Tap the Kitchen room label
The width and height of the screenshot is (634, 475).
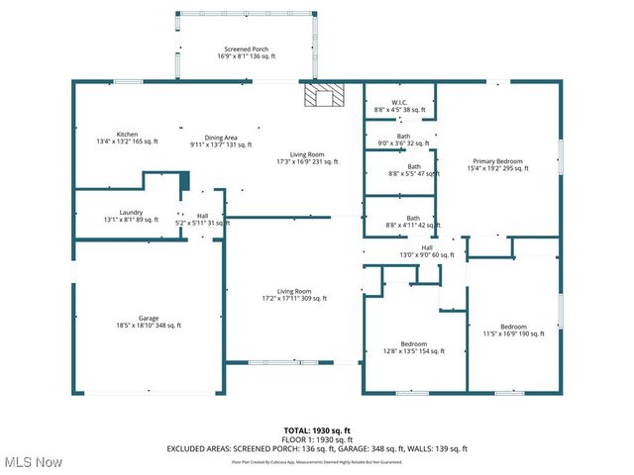point(127,138)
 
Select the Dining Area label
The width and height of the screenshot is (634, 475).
point(221,141)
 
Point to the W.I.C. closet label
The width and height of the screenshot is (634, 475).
point(400,106)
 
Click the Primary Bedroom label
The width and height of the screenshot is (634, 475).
point(497,164)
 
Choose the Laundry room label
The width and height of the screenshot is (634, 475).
point(131,215)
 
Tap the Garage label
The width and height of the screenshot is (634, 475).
point(149,322)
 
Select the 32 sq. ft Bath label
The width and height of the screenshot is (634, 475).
point(403,140)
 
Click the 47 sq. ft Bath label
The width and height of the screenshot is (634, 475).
point(413,169)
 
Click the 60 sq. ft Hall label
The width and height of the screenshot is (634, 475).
point(427,251)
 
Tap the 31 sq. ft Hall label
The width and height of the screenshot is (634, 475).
point(202,220)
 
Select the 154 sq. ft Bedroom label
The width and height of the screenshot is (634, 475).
point(414,346)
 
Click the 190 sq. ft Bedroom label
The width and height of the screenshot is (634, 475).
point(513,330)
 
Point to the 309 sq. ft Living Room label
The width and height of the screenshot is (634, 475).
point(294,294)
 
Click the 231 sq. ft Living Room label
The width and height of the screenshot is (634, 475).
point(307,157)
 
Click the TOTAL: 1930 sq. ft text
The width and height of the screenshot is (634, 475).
point(317,429)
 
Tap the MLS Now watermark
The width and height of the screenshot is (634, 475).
point(33,462)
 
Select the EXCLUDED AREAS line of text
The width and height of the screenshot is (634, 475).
point(317,448)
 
